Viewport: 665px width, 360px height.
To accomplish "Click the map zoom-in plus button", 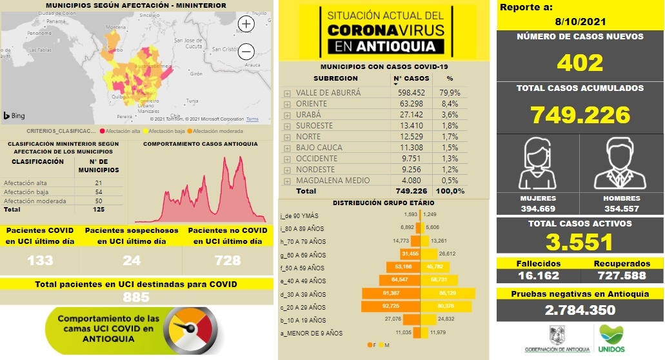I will [x=246, y=24].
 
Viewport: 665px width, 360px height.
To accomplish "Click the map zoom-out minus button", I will [x=246, y=52].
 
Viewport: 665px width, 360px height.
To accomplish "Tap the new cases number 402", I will [x=580, y=63].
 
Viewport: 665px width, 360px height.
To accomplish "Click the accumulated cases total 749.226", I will [x=580, y=114].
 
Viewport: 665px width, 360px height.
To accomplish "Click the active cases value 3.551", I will [x=580, y=242].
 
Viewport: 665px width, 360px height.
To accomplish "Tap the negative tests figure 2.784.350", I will [x=580, y=310].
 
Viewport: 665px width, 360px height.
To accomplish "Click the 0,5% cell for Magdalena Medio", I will [x=450, y=181].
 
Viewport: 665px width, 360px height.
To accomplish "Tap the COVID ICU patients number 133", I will [x=40, y=261].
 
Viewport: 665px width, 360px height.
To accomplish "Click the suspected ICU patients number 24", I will [x=132, y=261].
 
